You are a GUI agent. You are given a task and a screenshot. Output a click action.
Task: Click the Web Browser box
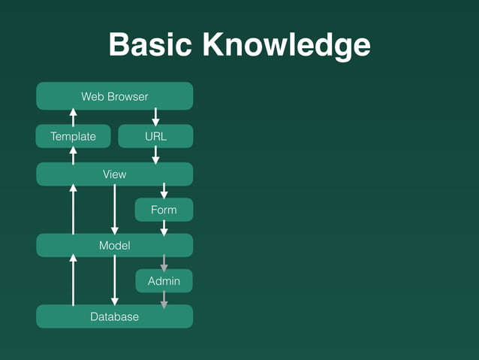pos(115,96)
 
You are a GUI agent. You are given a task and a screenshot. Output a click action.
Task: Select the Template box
pos(73,136)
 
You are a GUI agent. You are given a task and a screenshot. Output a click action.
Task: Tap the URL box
pos(155,136)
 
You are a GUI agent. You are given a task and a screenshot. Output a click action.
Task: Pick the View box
pos(115,174)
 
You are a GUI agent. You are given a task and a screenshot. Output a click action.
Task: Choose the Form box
pos(164,210)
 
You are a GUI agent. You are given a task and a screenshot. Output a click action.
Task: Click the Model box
pos(115,245)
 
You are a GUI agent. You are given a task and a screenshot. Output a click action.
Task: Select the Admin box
pos(164,281)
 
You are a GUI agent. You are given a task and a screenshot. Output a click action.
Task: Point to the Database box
pos(115,316)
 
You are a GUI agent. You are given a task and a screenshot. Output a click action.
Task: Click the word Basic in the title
pos(151,45)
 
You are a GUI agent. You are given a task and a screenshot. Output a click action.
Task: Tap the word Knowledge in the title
pos(285,45)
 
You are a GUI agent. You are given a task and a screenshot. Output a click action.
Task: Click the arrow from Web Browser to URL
pos(155,116)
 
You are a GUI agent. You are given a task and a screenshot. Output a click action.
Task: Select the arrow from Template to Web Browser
pos(73,116)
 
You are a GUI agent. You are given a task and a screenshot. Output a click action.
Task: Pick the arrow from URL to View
pos(155,155)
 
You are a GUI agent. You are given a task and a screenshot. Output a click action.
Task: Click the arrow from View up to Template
pos(73,155)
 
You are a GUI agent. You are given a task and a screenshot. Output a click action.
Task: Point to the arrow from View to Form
pos(164,192)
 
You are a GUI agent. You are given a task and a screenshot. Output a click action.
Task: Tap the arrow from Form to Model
pos(164,228)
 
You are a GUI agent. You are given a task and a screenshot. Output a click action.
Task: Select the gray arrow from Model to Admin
pos(164,263)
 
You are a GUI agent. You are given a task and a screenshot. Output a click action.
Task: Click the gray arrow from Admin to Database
pos(164,299)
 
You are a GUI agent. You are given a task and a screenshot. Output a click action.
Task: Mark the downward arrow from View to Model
pos(114,210)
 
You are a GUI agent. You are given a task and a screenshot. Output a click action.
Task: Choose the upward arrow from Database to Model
pos(73,280)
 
